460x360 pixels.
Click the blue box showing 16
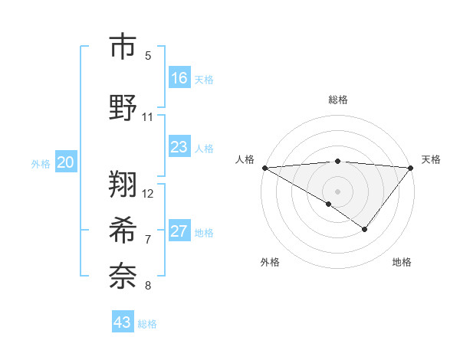click(179, 78)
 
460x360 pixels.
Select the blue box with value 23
click(179, 147)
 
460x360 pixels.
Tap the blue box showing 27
click(179, 231)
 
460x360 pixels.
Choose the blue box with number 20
click(66, 162)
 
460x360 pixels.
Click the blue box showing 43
click(123, 322)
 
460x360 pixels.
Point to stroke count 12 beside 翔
click(149, 193)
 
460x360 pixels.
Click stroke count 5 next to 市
click(148, 55)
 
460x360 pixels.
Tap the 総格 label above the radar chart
click(337, 100)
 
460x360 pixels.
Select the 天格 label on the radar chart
click(431, 159)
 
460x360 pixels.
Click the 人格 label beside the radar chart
click(245, 159)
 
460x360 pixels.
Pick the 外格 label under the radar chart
click(270, 262)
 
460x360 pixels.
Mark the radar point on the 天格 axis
click(411, 167)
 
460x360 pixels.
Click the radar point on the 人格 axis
click(264, 167)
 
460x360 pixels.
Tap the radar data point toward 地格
click(365, 229)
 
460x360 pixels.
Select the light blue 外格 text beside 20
click(41, 163)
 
